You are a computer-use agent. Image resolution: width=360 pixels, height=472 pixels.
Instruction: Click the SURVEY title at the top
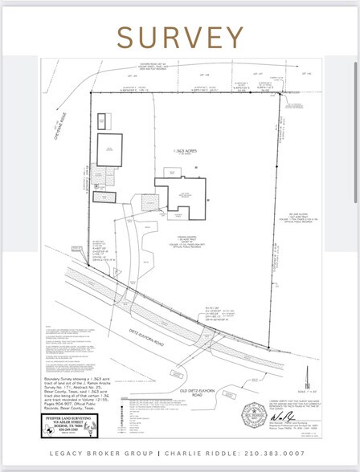tap(180, 38)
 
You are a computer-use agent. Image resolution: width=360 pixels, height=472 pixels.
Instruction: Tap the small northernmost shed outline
tap(102, 122)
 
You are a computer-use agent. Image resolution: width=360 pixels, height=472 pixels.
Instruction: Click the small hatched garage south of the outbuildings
tap(104, 197)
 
